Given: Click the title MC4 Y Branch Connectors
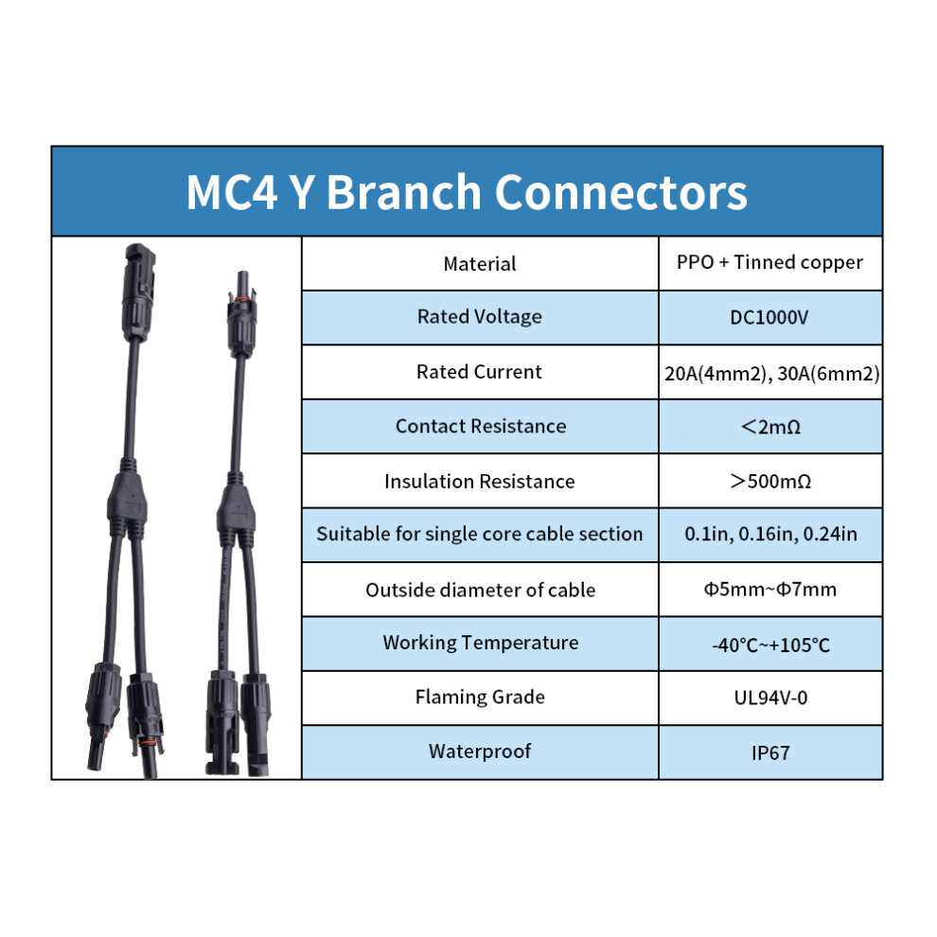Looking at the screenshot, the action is tap(467, 192).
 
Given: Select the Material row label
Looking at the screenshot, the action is tap(480, 263).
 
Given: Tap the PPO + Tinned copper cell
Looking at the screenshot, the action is tap(769, 262).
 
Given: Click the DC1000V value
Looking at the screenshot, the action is tap(769, 317).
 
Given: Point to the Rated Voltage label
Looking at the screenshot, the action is tap(480, 317).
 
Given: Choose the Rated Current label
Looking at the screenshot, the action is tap(479, 372).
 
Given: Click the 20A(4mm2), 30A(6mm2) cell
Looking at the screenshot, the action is tap(771, 374).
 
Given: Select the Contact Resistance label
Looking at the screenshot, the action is tap(481, 426).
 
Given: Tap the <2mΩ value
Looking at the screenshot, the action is tap(770, 427).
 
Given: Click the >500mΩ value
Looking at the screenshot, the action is tap(770, 481).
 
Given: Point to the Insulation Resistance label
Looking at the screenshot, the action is tap(479, 481).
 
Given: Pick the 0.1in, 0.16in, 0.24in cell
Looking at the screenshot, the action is tap(770, 534).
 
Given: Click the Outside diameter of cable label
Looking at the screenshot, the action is tap(481, 590).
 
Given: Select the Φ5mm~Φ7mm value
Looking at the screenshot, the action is tap(770, 590).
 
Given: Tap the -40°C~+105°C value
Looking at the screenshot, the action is tap(770, 645).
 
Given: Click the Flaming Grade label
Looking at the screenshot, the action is tap(480, 697).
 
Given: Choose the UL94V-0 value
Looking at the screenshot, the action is tap(770, 698).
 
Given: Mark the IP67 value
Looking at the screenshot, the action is tap(770, 753).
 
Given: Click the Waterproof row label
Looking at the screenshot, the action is tap(480, 751).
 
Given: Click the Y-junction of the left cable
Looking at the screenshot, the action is tap(127, 502).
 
